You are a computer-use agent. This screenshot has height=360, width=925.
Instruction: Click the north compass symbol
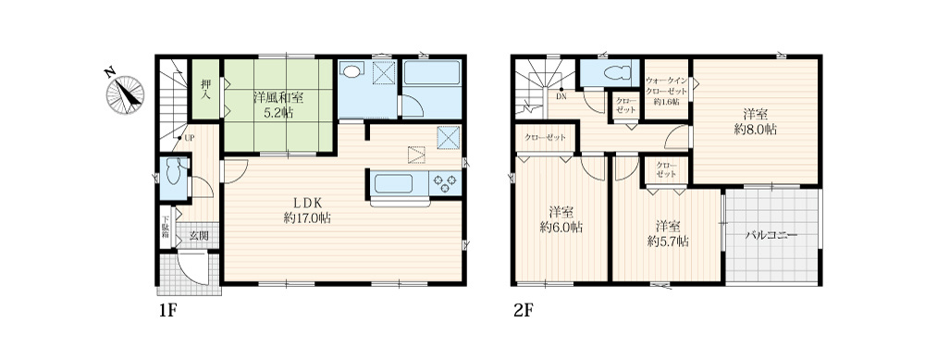pyautogui.click(x=125, y=93)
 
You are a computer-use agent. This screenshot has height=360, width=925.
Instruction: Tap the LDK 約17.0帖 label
pyautogui.click(x=307, y=210)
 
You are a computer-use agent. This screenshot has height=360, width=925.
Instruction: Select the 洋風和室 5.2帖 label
pyautogui.click(x=275, y=105)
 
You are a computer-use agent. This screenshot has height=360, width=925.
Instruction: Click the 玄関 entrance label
pyautogui.click(x=199, y=235)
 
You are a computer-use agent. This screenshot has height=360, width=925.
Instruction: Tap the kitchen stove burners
pyautogui.click(x=446, y=182)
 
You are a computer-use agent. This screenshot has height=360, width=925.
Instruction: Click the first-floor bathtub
pyautogui.click(x=431, y=74)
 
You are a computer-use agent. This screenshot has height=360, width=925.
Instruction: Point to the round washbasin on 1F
pyautogui.click(x=351, y=71)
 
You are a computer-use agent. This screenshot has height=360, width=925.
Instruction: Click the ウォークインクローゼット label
pyautogui.click(x=667, y=91)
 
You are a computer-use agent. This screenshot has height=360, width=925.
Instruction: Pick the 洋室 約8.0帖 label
pyautogui.click(x=755, y=122)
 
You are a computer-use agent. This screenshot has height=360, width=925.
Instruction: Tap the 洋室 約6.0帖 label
pyautogui.click(x=561, y=219)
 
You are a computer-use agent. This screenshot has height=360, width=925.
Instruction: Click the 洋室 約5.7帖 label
pyautogui.click(x=668, y=234)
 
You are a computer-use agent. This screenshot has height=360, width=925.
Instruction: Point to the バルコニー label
pyautogui.click(x=771, y=235)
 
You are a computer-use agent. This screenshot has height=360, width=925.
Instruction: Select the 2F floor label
pyautogui.click(x=523, y=311)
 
